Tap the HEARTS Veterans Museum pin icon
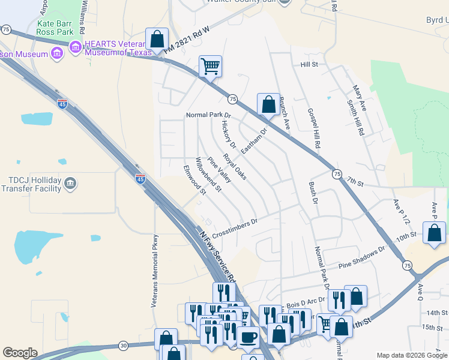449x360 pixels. click(x=76, y=46)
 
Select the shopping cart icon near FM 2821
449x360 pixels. click(x=210, y=66)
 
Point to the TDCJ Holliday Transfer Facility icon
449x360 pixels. click(x=70, y=183)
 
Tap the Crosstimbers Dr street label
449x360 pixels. click(x=234, y=226)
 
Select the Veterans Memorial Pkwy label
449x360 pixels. click(x=154, y=270)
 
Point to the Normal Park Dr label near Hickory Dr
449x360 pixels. click(x=208, y=115)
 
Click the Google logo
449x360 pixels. click(x=20, y=353)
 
